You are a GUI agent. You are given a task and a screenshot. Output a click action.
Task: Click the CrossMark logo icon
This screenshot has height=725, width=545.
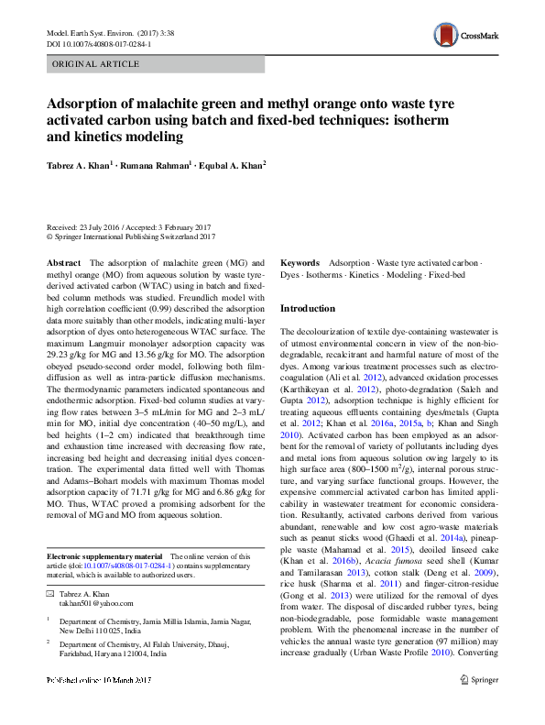(465, 36)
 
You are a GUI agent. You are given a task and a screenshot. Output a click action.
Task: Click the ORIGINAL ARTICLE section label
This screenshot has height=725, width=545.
(95, 65)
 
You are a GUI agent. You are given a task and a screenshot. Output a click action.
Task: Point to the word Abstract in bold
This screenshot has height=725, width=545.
(63, 262)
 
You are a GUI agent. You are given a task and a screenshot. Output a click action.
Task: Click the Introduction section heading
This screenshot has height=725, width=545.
(307, 309)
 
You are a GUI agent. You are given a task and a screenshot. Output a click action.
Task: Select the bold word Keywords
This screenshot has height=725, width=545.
(300, 262)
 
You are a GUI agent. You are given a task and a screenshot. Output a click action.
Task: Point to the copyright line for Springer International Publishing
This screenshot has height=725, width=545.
(130, 236)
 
